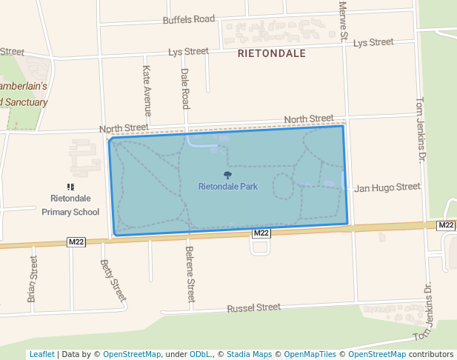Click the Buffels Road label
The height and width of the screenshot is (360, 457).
[189, 19]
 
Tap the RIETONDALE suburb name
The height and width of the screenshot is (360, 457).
[271, 54]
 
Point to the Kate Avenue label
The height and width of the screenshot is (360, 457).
[147, 90]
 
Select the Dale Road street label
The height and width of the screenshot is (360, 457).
[185, 89]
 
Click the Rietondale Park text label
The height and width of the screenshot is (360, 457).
[228, 187]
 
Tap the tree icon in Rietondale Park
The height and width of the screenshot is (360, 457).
[227, 176]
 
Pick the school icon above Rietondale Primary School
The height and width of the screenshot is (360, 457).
[70, 187]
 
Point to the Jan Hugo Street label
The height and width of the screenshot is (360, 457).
[387, 187]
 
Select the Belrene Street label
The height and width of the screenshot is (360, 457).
[190, 274]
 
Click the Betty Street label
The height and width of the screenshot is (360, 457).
[113, 281]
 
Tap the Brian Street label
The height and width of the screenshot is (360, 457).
[32, 279]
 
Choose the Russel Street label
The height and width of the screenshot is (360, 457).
[254, 307]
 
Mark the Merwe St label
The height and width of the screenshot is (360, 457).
[343, 21]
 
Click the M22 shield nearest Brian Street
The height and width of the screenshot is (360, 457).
[76, 241]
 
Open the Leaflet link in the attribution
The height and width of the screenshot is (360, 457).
[41, 355]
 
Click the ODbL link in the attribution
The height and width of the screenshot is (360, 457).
[201, 355]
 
